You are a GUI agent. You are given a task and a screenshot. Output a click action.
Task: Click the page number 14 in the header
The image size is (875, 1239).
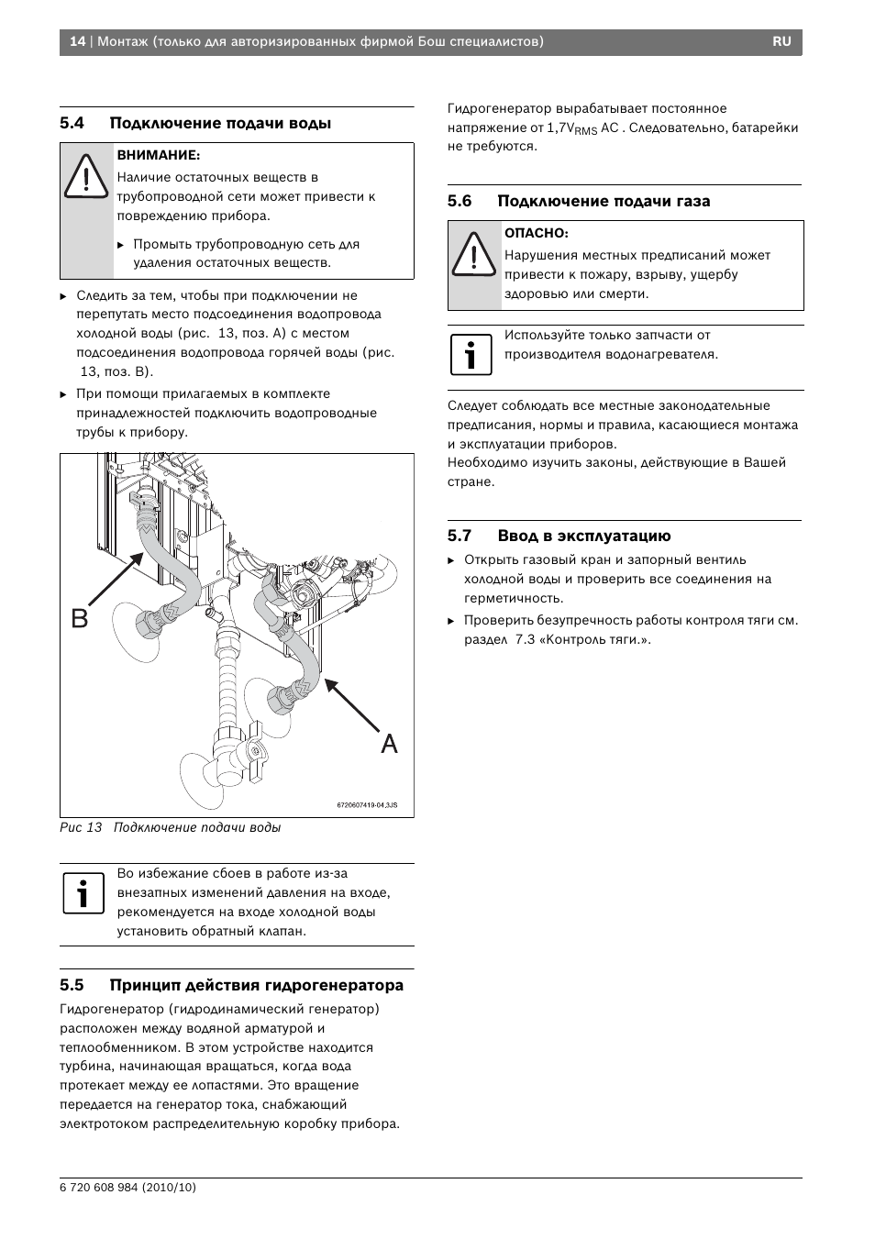(77, 42)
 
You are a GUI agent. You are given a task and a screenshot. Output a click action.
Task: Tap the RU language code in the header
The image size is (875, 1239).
(781, 42)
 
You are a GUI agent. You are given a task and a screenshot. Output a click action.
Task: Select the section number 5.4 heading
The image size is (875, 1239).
(72, 123)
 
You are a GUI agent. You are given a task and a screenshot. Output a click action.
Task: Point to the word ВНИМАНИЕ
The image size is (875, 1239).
(158, 155)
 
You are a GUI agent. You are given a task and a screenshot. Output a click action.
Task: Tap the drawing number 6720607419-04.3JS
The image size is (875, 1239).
(367, 805)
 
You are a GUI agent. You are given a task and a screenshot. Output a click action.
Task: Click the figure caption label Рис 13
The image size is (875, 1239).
(81, 827)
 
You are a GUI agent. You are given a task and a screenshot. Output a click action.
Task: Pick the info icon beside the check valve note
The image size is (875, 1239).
(83, 893)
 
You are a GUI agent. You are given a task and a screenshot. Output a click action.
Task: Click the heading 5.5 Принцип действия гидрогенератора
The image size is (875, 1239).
(231, 986)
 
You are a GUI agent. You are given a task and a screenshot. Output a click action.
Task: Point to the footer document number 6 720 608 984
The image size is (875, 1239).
(127, 1187)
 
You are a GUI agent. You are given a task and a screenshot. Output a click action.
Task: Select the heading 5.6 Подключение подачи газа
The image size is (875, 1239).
(579, 201)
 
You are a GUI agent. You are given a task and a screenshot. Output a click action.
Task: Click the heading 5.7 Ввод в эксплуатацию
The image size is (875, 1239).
(559, 537)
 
